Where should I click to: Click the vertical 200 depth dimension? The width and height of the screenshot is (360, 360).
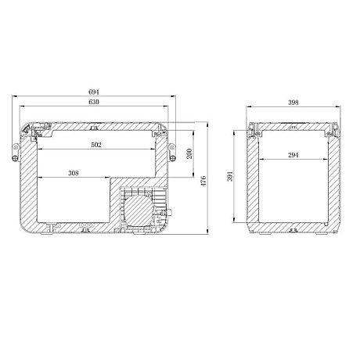[x=190, y=153]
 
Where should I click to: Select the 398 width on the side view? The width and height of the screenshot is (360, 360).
[x=293, y=102]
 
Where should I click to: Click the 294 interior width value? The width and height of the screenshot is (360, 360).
[x=294, y=155]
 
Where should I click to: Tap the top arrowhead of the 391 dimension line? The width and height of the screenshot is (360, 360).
[x=236, y=132]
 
